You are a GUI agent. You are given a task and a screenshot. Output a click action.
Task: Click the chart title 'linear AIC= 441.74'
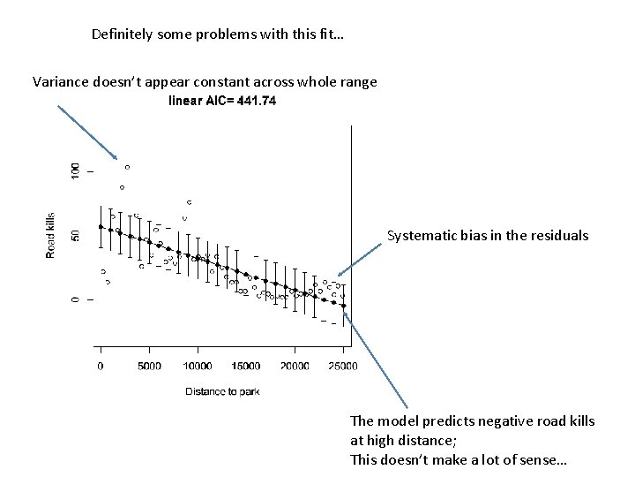point(222,102)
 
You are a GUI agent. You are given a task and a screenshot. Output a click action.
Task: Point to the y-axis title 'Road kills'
point(51,235)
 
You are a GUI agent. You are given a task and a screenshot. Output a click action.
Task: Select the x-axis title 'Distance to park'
point(222,390)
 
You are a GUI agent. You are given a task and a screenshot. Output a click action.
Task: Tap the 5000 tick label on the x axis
point(149,366)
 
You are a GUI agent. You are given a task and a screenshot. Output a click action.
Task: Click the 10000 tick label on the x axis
point(198,366)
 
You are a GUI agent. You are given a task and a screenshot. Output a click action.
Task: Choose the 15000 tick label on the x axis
point(246,366)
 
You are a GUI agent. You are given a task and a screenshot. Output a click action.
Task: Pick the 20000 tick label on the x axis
point(295,366)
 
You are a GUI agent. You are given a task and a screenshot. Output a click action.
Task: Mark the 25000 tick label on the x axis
point(343,366)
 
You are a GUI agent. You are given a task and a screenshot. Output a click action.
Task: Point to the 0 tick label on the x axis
point(101,366)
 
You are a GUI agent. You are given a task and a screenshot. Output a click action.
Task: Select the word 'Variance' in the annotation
point(59,82)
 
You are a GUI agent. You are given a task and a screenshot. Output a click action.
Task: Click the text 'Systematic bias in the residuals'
point(488,236)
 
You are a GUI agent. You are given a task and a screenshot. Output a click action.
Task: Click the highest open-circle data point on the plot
point(127,166)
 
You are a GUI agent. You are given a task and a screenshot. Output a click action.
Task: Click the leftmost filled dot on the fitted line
point(101,227)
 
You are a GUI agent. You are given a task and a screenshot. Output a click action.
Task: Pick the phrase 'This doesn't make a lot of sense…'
point(459,460)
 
